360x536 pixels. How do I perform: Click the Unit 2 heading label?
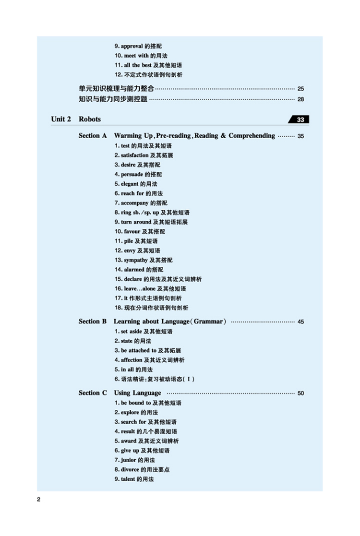click(x=61, y=119)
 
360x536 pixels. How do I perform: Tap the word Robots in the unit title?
click(x=90, y=119)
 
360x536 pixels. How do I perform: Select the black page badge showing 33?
click(x=300, y=119)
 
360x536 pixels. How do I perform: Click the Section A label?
click(x=93, y=136)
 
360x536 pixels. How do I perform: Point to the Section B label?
click(x=93, y=322)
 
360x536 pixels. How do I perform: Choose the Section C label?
click(x=93, y=393)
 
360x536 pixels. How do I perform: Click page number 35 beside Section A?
click(x=300, y=136)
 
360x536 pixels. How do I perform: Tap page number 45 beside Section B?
click(x=300, y=322)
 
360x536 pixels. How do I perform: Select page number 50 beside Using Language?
click(x=300, y=393)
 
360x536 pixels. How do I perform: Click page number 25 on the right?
click(x=300, y=89)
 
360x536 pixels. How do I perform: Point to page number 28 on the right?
click(x=300, y=99)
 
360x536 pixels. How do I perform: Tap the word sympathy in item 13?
click(x=136, y=260)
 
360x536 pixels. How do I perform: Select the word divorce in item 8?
click(x=130, y=470)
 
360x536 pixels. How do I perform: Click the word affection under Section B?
click(x=132, y=360)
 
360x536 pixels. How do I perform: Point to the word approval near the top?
click(x=132, y=46)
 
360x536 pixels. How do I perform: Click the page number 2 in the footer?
click(x=38, y=500)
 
